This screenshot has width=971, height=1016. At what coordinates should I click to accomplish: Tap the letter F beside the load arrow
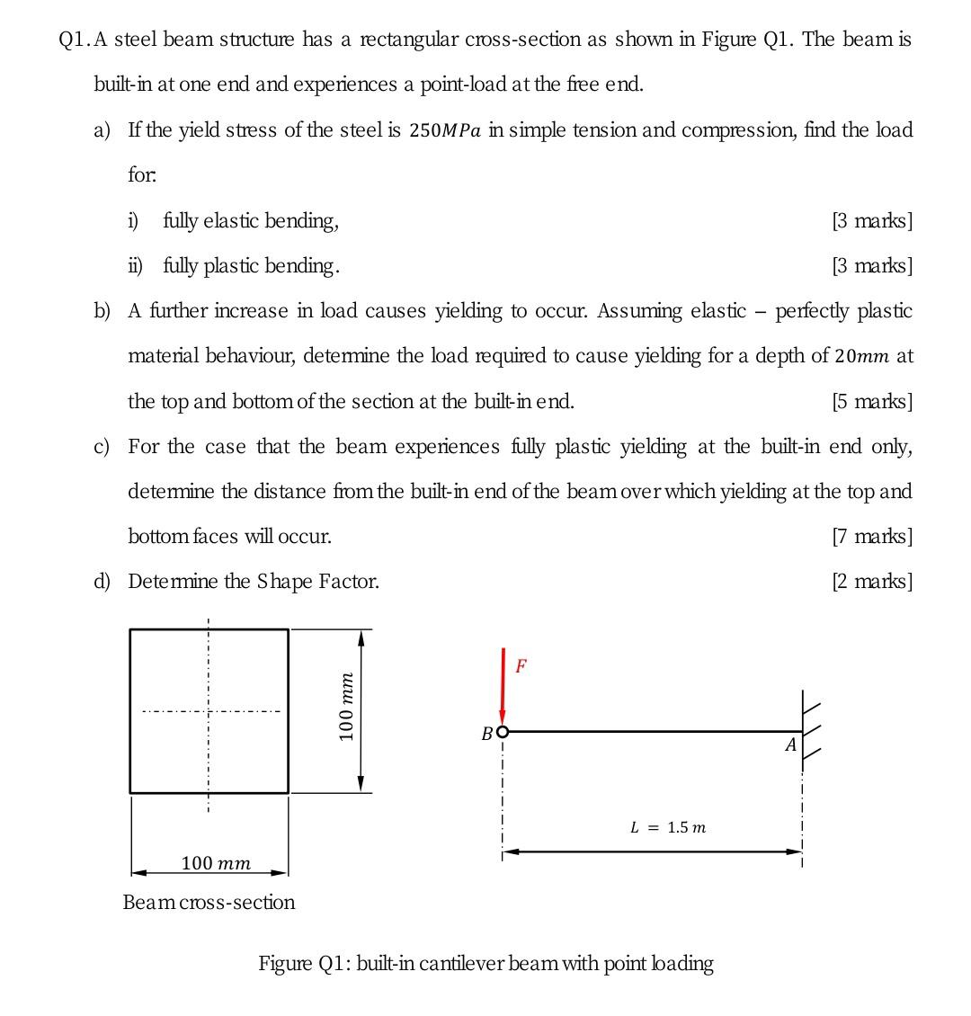[x=521, y=666]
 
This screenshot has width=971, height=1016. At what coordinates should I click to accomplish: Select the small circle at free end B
[x=503, y=731]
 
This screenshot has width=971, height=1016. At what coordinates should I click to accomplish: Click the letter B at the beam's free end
[x=486, y=734]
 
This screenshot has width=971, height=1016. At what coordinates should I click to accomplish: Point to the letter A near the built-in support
[x=790, y=745]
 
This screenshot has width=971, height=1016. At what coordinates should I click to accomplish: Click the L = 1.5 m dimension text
[x=667, y=826]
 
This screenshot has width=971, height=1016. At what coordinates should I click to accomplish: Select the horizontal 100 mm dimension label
[x=216, y=863]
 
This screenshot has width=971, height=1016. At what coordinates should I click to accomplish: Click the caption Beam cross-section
[x=209, y=902]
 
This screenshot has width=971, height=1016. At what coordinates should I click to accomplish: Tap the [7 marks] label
[x=872, y=537]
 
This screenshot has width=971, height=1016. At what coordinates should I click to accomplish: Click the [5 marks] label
[x=872, y=402]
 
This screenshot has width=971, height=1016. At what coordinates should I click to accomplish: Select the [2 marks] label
[x=872, y=582]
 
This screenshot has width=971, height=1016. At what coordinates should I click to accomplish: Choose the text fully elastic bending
[x=251, y=221]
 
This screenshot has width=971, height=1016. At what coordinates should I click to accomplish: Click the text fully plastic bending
[x=252, y=266]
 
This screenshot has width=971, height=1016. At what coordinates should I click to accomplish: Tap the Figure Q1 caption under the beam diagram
[x=485, y=964]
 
